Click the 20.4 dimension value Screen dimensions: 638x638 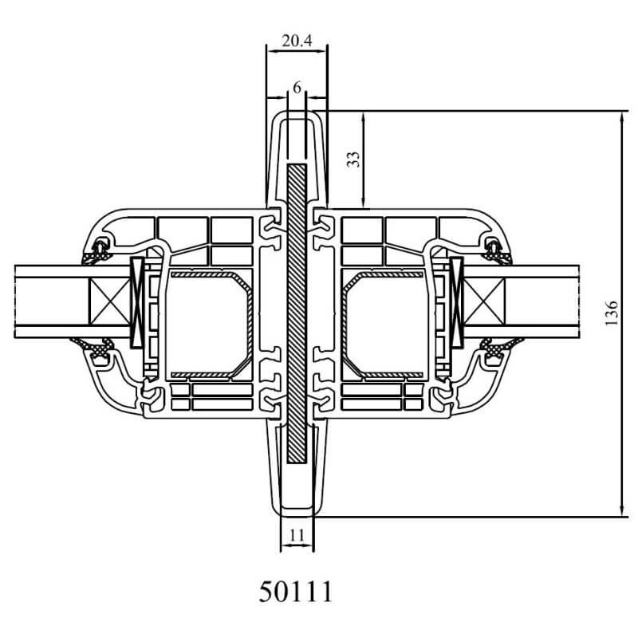point(297,41)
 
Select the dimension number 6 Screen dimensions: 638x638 point(297,88)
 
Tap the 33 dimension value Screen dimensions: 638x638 point(353,159)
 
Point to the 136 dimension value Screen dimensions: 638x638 point(611,313)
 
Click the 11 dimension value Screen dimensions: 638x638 point(297,535)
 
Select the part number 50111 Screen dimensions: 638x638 point(296,592)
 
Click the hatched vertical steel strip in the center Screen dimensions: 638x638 point(297,313)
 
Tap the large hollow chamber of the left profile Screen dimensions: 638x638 point(207,323)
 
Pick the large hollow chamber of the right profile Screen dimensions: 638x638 point(387,323)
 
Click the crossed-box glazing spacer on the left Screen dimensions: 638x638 point(109,301)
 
